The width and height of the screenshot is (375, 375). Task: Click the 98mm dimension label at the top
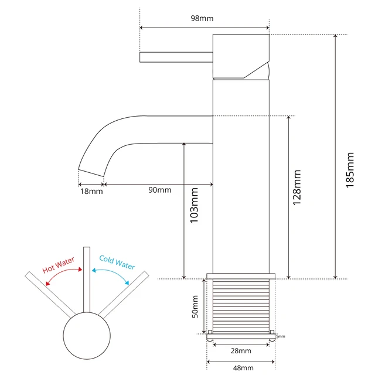tap(203, 18)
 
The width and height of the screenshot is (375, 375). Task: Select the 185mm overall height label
tap(350, 169)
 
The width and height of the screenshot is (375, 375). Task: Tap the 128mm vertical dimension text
tap(297, 187)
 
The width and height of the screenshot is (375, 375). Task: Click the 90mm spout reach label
tap(160, 190)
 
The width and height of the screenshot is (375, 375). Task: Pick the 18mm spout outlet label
tap(91, 190)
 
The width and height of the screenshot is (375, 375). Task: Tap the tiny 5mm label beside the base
tap(280, 336)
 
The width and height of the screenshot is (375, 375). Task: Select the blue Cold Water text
tap(117, 262)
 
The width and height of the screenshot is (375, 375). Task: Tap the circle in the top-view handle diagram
tap(87, 337)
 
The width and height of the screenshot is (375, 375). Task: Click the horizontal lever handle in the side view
tap(175, 57)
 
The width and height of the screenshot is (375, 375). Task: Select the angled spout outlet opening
tap(91, 173)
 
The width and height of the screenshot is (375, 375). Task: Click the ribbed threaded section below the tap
tap(240, 305)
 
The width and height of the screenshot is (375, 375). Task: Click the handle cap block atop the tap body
tap(240, 56)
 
